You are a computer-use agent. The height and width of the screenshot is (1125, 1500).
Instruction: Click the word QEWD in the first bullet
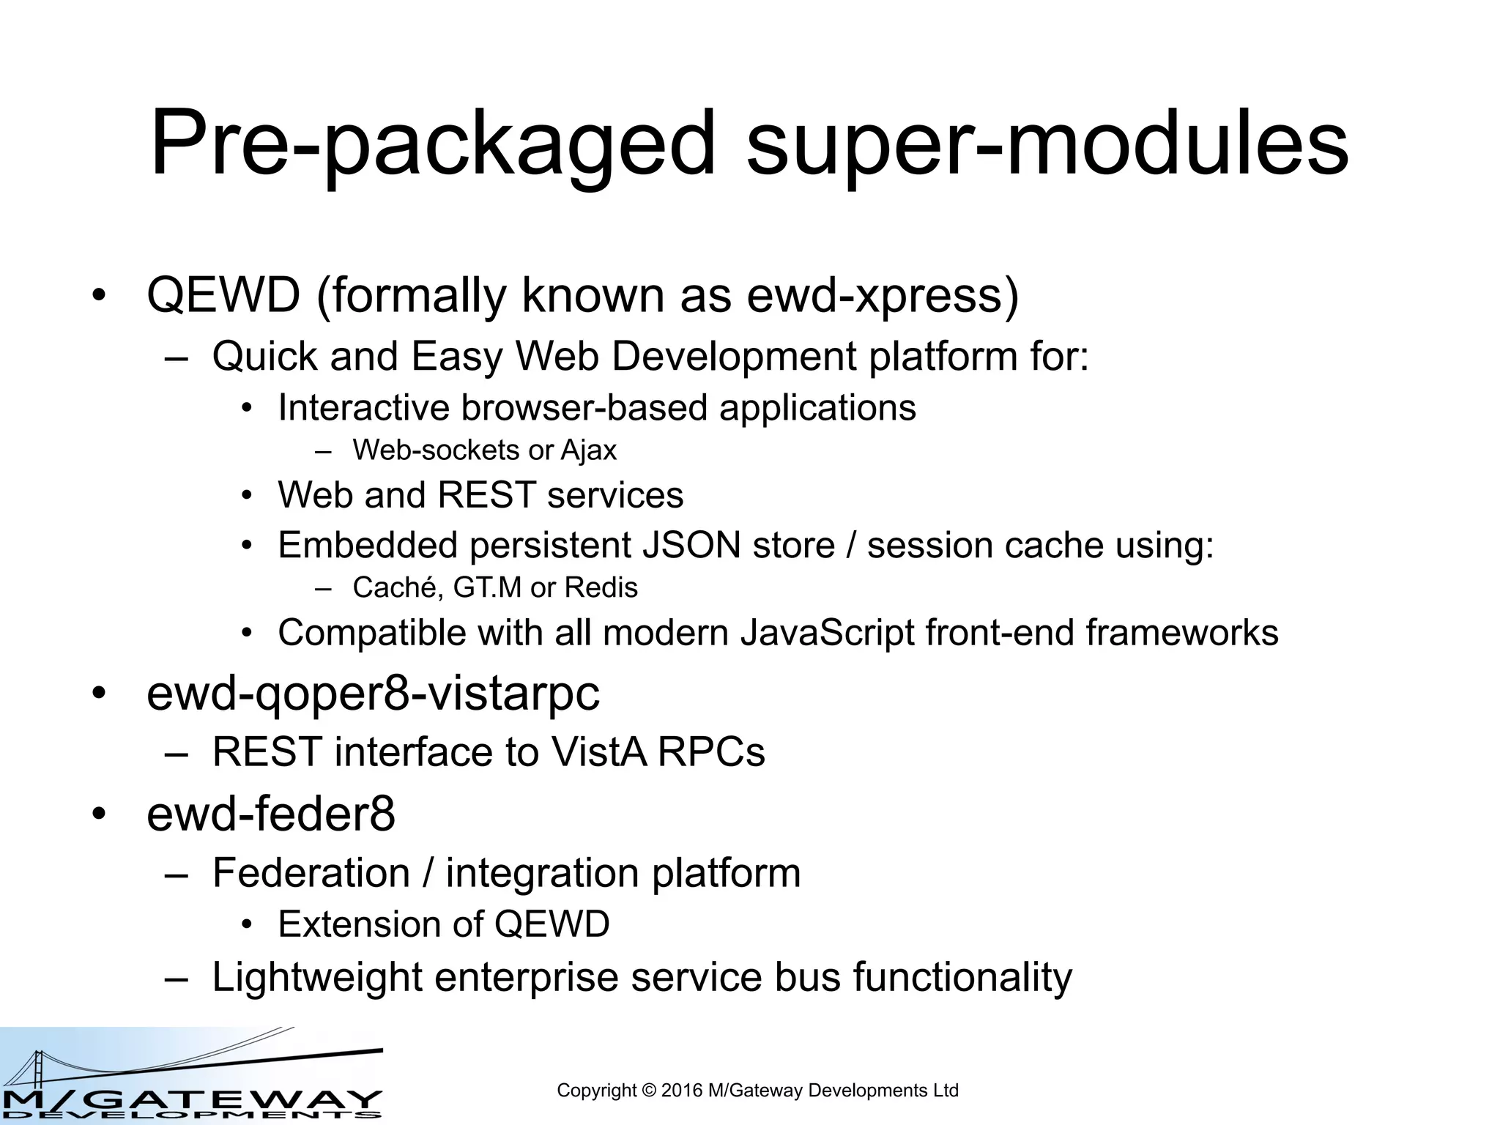point(223,295)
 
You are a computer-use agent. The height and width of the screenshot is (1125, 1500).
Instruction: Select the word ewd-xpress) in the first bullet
point(883,295)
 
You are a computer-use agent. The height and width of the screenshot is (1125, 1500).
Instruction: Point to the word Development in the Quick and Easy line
point(733,357)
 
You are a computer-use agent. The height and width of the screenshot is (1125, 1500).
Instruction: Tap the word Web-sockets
point(436,450)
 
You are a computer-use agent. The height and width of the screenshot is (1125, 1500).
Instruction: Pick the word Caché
point(396,587)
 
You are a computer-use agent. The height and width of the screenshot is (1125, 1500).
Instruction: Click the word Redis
point(601,587)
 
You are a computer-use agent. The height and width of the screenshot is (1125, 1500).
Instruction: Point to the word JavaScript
point(827,633)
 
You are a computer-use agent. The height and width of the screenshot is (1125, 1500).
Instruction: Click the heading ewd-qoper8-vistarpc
point(373,694)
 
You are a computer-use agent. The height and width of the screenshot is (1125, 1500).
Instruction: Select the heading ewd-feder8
point(271,814)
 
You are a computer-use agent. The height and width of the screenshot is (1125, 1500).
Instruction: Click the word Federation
point(311,873)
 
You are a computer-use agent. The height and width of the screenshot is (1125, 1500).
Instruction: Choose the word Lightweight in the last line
point(317,977)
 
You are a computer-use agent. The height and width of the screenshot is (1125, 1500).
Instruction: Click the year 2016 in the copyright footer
point(681,1091)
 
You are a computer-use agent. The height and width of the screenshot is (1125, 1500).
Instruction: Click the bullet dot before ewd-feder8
point(100,814)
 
